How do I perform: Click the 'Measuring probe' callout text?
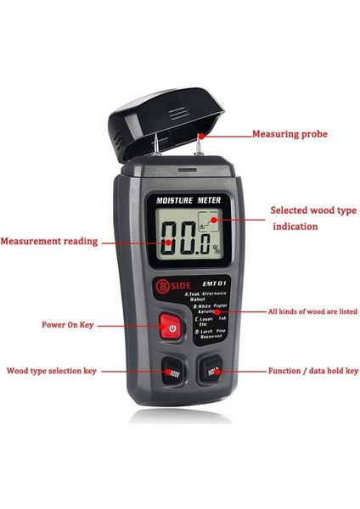pyautogui.click(x=290, y=134)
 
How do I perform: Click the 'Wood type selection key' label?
pyautogui.click(x=52, y=371)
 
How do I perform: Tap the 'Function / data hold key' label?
pyautogui.click(x=313, y=371)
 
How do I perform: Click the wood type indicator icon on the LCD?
pyautogui.click(x=205, y=225)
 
